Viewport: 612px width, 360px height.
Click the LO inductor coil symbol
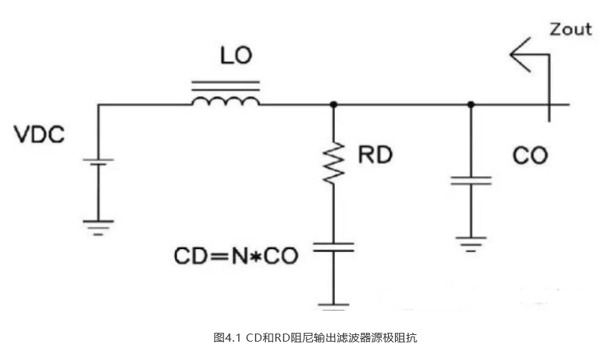point(226,101)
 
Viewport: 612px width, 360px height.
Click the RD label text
point(375,156)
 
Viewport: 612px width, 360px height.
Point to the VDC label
point(40,135)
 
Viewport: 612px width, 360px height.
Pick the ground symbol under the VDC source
point(98,223)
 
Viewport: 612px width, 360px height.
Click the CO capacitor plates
point(471,180)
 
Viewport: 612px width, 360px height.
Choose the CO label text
point(530,156)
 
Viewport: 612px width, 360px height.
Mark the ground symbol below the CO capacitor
point(471,241)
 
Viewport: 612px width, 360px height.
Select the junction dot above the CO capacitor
point(471,104)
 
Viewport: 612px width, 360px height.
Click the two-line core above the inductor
point(226,85)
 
